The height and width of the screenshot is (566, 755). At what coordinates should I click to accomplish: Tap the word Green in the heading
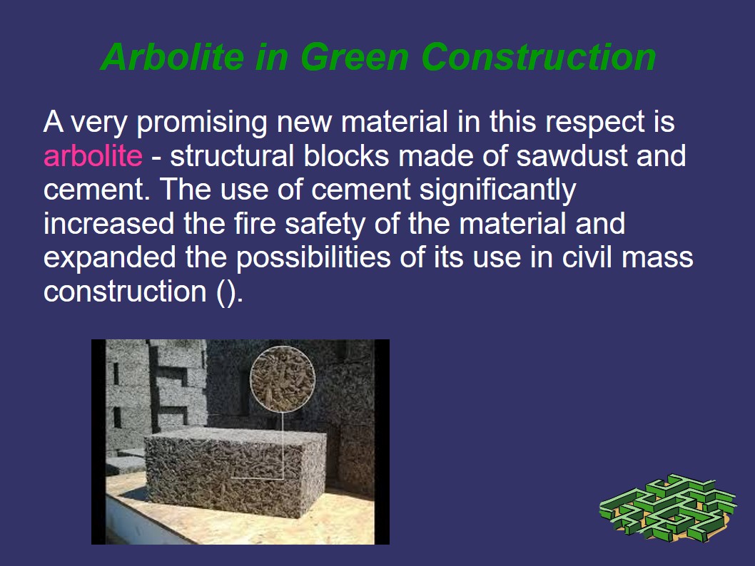pyautogui.click(x=355, y=57)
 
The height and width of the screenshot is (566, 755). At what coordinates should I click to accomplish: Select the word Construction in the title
pyautogui.click(x=539, y=57)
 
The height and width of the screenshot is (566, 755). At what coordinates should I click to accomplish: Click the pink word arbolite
pyautogui.click(x=93, y=155)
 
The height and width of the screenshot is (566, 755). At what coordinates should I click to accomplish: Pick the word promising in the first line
pyautogui.click(x=202, y=122)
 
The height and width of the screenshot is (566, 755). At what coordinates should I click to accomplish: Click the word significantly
pyautogui.click(x=498, y=190)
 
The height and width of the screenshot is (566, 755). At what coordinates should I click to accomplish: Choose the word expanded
pyautogui.click(x=110, y=258)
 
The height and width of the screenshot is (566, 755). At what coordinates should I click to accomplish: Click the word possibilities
pyautogui.click(x=313, y=258)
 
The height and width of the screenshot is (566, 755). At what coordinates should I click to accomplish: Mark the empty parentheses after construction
pyautogui.click(x=227, y=292)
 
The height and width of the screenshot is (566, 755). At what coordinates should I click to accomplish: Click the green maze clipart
pyautogui.click(x=669, y=508)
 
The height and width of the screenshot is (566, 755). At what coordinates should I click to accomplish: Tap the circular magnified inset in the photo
pyautogui.click(x=283, y=379)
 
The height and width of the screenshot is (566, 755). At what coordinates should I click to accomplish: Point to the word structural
pyautogui.click(x=232, y=155)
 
